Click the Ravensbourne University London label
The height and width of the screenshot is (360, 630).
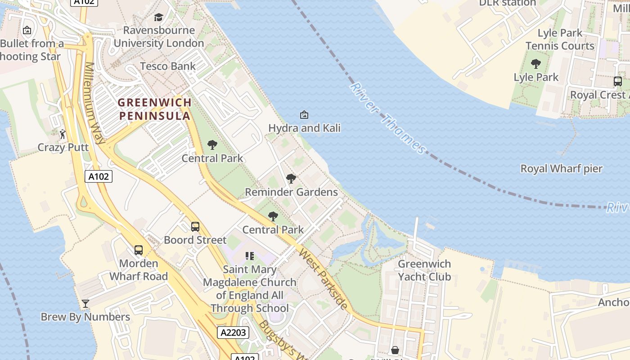coord(158,37)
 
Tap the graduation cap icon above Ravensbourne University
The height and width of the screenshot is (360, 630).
coord(158,18)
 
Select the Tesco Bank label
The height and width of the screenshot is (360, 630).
coord(167,66)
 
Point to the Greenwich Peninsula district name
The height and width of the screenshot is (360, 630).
coord(154,109)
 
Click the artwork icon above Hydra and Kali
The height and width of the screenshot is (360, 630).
coord(304,115)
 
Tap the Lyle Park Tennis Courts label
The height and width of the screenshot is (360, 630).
coord(560,40)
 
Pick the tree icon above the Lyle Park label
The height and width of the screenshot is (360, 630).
coord(535,64)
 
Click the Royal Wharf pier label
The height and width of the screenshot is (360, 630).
coord(561,169)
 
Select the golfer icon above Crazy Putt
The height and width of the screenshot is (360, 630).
coord(63,134)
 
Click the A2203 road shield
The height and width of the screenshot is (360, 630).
coord(233,333)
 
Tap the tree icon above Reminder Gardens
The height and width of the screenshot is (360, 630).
coord(291,179)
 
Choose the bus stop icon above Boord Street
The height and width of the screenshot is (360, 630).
coord(195,227)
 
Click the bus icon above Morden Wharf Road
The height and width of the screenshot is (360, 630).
coord(139,250)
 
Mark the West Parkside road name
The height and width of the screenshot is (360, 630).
coord(323,279)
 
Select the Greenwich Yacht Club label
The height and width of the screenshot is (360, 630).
coord(424,270)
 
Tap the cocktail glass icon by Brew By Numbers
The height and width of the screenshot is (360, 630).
coord(85,304)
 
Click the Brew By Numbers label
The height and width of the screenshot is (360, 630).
coord(85,317)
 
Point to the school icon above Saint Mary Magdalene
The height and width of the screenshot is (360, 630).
coord(250,256)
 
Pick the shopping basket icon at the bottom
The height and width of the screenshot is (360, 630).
coord(395,350)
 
